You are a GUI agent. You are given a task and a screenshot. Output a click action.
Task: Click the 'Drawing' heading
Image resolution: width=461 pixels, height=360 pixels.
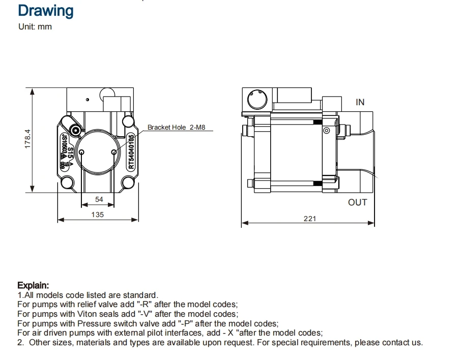(x=45, y=11)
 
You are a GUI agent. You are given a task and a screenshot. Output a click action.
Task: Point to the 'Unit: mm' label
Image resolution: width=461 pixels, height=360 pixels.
(x=35, y=26)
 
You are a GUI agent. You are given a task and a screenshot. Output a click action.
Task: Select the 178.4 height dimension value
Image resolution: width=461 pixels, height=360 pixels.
(x=28, y=139)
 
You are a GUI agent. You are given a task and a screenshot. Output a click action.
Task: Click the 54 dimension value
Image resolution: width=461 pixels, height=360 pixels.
(x=99, y=200)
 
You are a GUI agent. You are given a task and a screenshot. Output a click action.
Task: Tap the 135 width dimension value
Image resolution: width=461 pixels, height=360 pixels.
(x=97, y=215)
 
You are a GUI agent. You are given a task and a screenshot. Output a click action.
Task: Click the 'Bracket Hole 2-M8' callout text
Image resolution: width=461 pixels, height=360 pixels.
(x=176, y=128)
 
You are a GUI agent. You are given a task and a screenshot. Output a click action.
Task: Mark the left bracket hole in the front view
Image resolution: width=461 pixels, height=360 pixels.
(x=83, y=152)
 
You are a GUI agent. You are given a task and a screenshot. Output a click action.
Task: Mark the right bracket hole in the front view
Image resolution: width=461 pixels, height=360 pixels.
(x=114, y=152)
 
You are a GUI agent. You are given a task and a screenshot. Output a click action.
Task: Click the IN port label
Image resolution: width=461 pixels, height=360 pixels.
(x=360, y=102)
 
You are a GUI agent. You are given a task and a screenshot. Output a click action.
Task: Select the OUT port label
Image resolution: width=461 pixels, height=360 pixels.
(x=357, y=202)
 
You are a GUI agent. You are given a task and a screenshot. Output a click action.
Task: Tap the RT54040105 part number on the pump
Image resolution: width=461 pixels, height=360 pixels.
(x=131, y=152)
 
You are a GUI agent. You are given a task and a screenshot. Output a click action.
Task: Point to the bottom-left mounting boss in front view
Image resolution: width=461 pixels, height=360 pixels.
(x=67, y=183)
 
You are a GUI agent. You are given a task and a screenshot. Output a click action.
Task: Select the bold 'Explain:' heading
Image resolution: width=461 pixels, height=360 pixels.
(x=33, y=285)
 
